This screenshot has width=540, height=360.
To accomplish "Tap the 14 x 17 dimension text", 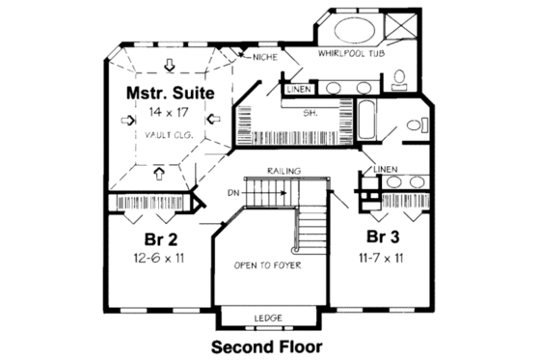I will click(168, 113).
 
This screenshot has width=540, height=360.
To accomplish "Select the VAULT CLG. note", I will click(169, 135).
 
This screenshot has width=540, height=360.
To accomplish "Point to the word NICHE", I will click(264, 58).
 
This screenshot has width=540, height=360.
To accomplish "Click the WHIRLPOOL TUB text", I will click(351, 55).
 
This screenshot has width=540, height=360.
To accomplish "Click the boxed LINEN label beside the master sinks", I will click(298, 90).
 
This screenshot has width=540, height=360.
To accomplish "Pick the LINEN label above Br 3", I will click(385, 170).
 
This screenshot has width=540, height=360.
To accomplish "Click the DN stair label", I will click(233, 192).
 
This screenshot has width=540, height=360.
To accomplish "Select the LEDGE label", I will click(267, 318).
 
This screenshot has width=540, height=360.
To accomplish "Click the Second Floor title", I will click(266, 345).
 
